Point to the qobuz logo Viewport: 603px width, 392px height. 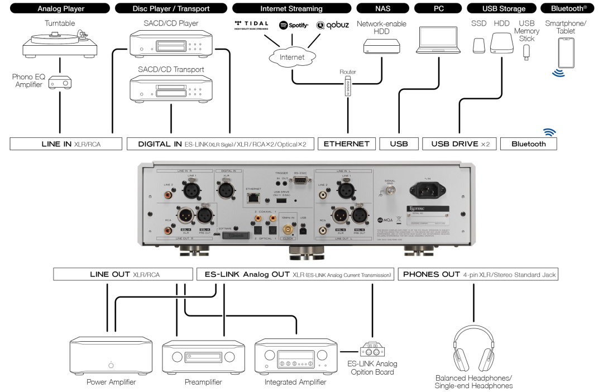[333, 25]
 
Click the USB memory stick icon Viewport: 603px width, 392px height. [527, 51]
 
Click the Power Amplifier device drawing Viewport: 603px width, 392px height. [111, 356]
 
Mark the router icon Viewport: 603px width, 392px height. [347, 86]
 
